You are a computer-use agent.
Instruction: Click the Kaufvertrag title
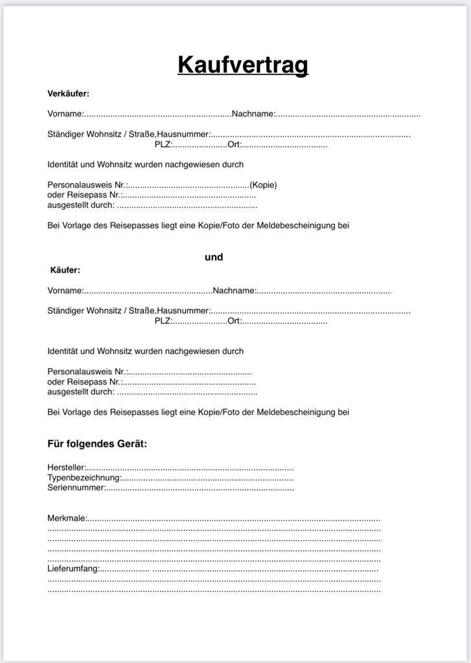pos(243,65)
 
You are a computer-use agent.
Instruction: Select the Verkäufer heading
pos(68,94)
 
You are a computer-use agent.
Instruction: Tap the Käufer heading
pos(65,270)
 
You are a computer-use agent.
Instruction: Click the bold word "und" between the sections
pos(214,257)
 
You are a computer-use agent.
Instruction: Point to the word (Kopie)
pos(263,185)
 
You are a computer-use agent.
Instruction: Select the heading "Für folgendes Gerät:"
pos(97,444)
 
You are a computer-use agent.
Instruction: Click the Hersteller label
pos(67,467)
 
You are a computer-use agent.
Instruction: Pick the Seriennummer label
pos(76,488)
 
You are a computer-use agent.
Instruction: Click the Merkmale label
pos(67,519)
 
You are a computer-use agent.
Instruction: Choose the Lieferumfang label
pos(73,569)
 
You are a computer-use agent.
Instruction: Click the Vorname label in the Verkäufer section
pos(65,114)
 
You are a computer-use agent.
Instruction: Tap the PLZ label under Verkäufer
pos(163,144)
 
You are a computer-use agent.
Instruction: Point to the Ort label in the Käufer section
pos(235,321)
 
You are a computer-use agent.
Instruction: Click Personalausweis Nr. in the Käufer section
pos(87,372)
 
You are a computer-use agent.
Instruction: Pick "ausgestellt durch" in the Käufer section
pos(81,392)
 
